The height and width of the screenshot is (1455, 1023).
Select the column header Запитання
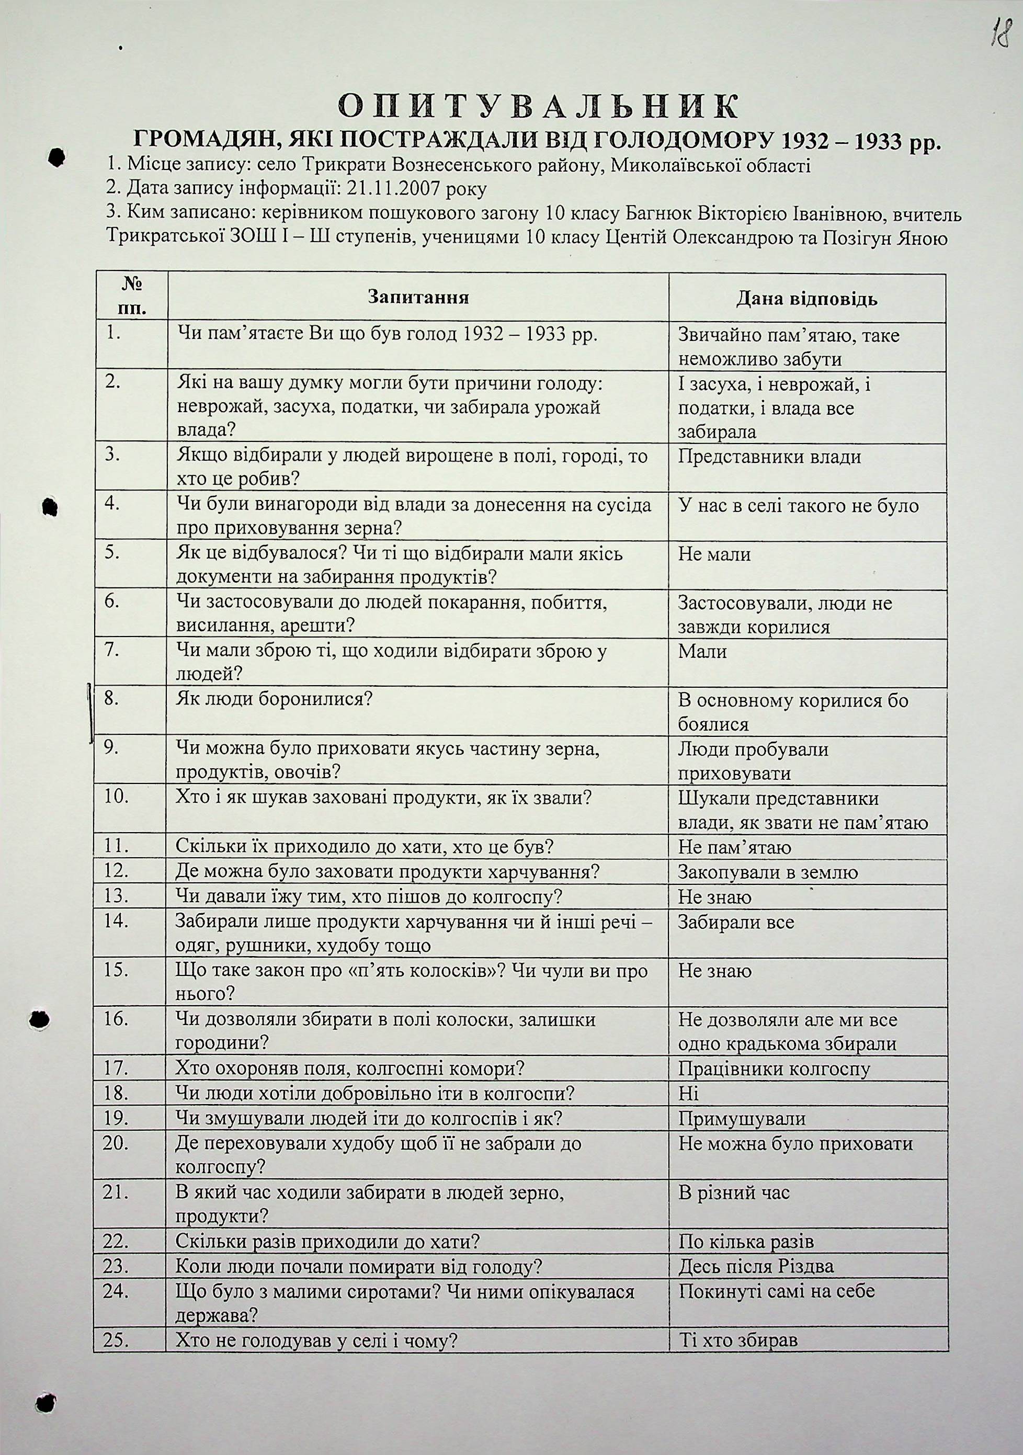(x=418, y=298)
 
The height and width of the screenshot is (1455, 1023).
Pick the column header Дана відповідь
(x=806, y=299)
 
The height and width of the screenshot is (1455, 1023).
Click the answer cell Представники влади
(x=769, y=457)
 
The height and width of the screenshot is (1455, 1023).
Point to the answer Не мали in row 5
(x=714, y=554)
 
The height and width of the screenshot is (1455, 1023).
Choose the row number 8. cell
(x=113, y=699)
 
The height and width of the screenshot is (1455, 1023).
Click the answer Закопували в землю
(x=768, y=872)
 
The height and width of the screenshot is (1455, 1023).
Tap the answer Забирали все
(x=736, y=922)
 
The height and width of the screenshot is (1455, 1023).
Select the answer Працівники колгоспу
(x=774, y=1069)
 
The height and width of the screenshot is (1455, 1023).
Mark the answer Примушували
(x=742, y=1119)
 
